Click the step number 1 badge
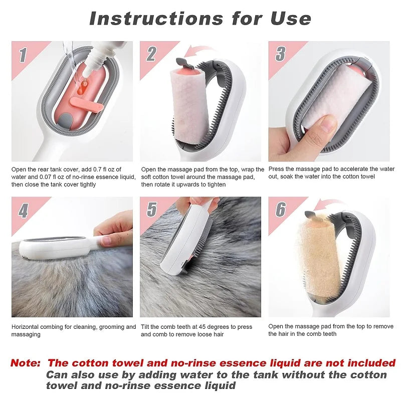point(23,55)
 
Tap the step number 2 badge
point(151,54)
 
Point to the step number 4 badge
point(23,210)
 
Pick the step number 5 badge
point(151,210)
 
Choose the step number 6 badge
point(281,210)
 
